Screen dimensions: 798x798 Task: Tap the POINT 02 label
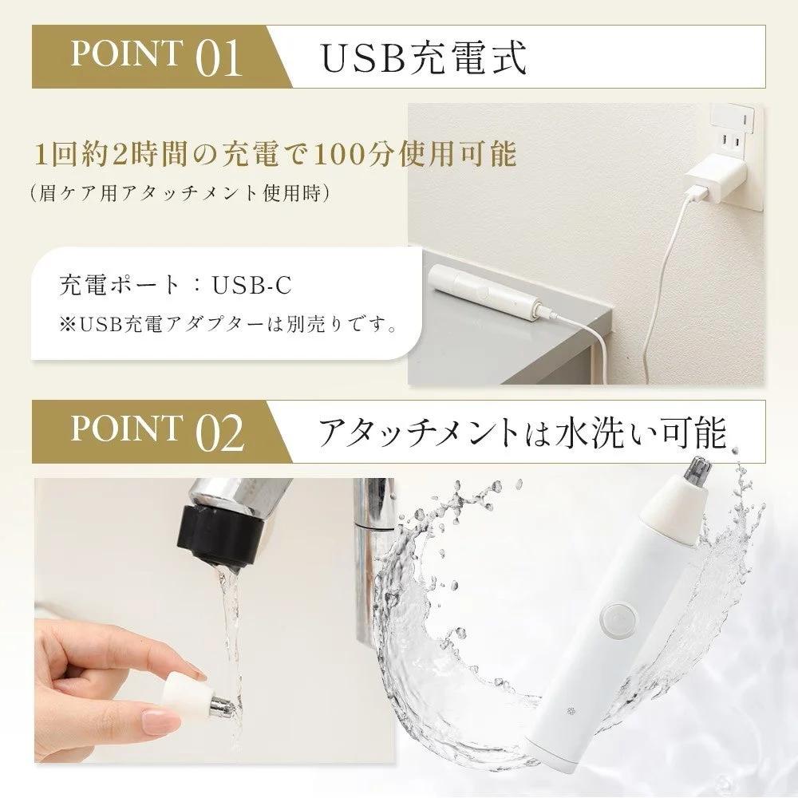pyautogui.click(x=156, y=431)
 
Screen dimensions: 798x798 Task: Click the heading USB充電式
pyautogui.click(x=424, y=57)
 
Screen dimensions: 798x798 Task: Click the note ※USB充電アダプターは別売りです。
pyautogui.click(x=228, y=325)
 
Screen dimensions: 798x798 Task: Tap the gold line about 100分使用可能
pyautogui.click(x=275, y=153)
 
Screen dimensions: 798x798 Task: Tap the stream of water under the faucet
pyautogui.click(x=231, y=606)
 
